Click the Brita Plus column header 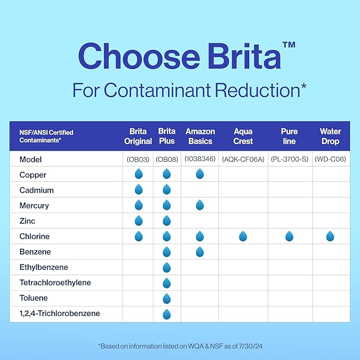[166, 136]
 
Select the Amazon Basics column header [200, 136]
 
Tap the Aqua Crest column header [243, 136]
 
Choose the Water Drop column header [330, 136]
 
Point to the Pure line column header [289, 136]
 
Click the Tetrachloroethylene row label [55, 283]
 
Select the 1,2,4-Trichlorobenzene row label [59, 313]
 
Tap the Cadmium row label [37, 190]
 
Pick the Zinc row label [27, 221]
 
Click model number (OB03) [138, 160]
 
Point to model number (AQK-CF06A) [243, 160]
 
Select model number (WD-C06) [330, 160]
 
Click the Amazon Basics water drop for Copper [200, 174]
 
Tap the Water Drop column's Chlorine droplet [330, 236]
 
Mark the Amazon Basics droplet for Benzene [200, 252]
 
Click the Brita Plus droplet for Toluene [166, 298]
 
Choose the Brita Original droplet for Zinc [138, 221]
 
